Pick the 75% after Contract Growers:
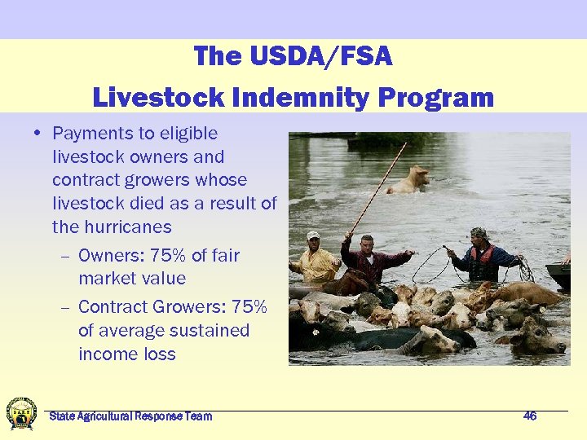point(249,307)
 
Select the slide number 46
point(530,416)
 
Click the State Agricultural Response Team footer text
point(130,416)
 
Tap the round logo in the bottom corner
point(21,413)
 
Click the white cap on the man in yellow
point(313,235)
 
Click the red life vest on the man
point(484,262)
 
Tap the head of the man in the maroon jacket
point(367,243)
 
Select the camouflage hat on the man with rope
point(478,232)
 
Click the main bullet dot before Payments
point(39,134)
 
